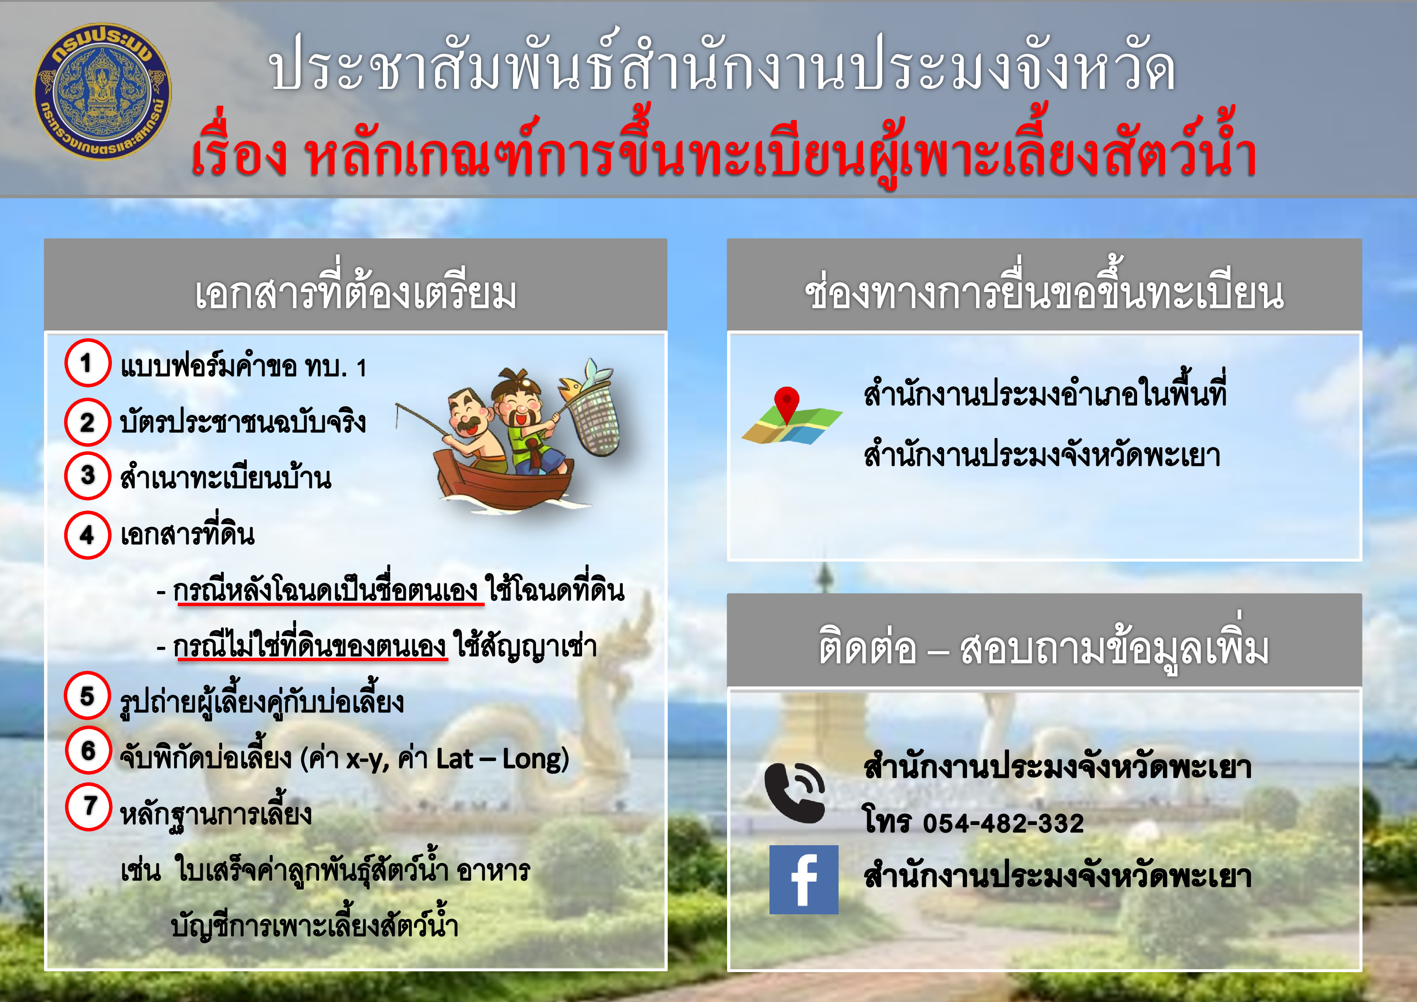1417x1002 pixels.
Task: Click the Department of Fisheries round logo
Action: click(103, 91)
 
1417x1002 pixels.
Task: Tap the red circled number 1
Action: click(88, 362)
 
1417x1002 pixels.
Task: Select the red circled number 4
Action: click(88, 535)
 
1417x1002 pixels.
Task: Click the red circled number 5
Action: click(88, 695)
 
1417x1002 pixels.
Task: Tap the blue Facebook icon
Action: click(803, 879)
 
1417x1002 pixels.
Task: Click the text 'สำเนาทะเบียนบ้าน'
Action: click(225, 477)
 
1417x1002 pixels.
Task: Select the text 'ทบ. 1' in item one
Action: click(336, 367)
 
